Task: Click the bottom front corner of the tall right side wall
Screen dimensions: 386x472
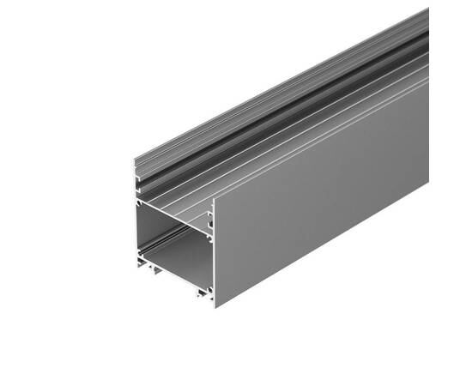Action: [215, 307]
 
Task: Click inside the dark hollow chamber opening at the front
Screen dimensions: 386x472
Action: [176, 244]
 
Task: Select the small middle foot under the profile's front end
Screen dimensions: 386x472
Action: [160, 276]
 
